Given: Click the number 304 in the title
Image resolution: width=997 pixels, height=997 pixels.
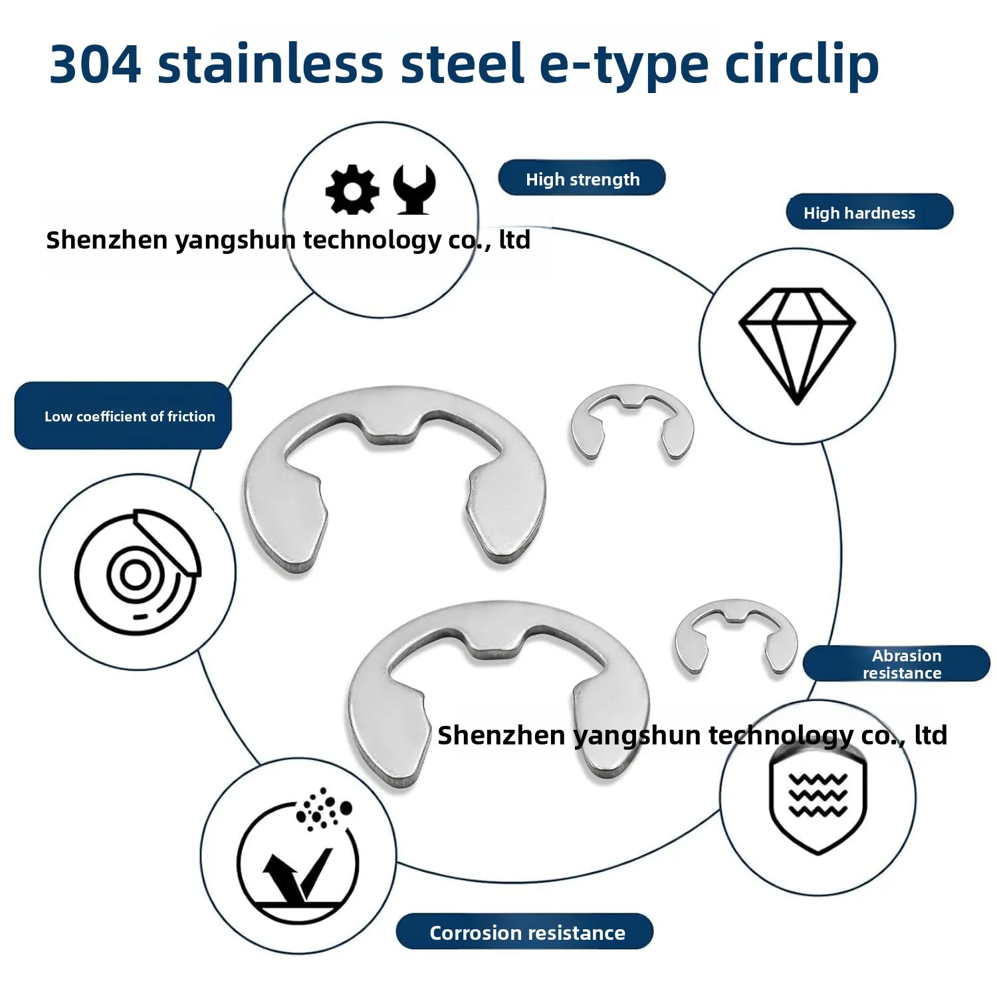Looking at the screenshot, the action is [x=95, y=64].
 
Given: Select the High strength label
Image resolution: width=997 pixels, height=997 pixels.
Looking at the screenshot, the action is [x=582, y=178].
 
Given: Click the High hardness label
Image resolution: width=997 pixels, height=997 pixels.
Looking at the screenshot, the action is [x=869, y=212].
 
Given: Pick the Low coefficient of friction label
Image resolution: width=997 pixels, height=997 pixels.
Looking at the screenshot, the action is [x=124, y=416].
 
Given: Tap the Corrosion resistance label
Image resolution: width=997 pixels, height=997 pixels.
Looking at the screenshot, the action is [x=525, y=932].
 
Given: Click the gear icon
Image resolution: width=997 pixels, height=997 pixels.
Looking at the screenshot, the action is [x=352, y=189].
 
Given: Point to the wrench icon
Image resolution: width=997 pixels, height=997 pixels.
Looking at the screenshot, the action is [x=414, y=189].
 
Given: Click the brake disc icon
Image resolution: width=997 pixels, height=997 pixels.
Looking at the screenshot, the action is [x=138, y=572].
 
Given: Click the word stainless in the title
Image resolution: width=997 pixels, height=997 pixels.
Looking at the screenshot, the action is [x=271, y=64].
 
